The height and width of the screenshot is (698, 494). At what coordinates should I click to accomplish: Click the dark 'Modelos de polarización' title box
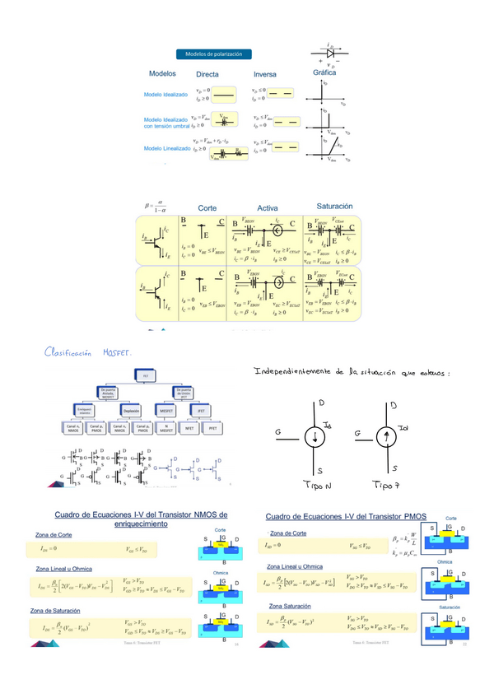click(213, 54)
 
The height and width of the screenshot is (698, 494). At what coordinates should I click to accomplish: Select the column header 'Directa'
click(202, 75)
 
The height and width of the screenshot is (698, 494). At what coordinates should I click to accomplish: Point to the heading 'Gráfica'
click(324, 72)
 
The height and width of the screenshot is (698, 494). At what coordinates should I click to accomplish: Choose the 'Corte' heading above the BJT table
click(207, 208)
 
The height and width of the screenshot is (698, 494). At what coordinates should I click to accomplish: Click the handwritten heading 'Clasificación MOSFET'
click(88, 352)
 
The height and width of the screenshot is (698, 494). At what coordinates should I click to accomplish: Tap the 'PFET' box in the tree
click(213, 428)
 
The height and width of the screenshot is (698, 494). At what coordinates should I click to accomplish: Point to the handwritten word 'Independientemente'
click(293, 372)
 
